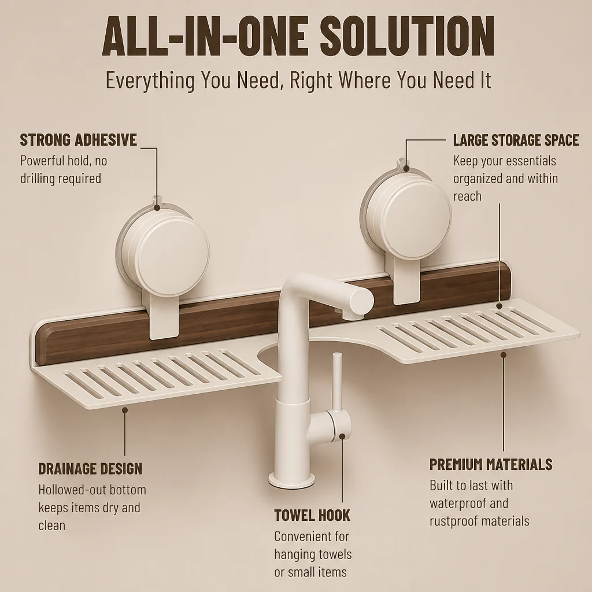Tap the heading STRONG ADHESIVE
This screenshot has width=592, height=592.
pos(78,140)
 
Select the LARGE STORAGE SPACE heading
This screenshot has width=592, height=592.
pos(516,140)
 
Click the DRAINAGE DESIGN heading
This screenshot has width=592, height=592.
pos(90,468)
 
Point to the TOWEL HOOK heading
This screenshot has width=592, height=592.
pos(312,515)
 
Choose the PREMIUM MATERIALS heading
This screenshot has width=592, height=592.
pos(491,464)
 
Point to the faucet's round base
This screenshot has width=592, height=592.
pos(291,479)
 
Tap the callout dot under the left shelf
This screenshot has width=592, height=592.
pos(125,410)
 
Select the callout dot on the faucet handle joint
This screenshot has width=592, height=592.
pos(342,436)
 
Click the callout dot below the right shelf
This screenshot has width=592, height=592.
pos(504,354)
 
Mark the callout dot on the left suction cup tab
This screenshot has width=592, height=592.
pos(157,208)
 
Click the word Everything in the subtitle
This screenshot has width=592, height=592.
pos(150,80)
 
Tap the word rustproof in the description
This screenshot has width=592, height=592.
pos(455,521)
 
